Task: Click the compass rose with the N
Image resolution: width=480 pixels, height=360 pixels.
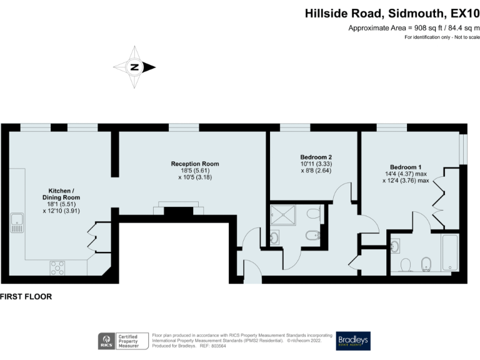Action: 134,67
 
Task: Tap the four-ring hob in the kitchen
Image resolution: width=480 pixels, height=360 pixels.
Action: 58,267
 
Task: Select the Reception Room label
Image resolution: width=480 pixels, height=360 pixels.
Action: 195,164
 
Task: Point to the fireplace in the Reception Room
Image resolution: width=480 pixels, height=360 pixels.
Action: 179,209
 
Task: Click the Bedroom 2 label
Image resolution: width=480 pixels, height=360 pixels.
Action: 316,157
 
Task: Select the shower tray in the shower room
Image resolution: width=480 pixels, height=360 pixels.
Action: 282,214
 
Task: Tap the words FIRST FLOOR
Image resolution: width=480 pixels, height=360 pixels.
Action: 26,297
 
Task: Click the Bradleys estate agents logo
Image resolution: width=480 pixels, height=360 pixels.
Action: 352,341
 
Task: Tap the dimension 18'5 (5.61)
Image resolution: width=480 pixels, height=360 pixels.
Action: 195,171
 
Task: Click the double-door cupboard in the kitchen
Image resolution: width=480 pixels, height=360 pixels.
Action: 94,239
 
